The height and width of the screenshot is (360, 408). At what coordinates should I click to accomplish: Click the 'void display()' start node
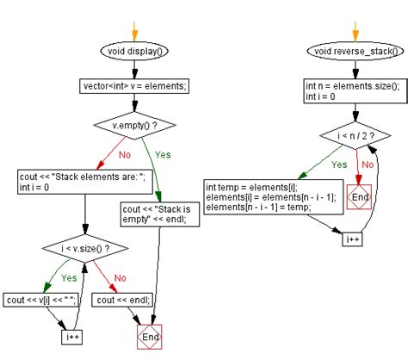[x=137, y=51]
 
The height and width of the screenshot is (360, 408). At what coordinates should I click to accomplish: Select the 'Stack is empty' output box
[x=160, y=213]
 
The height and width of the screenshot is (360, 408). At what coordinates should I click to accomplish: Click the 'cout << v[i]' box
[x=41, y=300]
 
